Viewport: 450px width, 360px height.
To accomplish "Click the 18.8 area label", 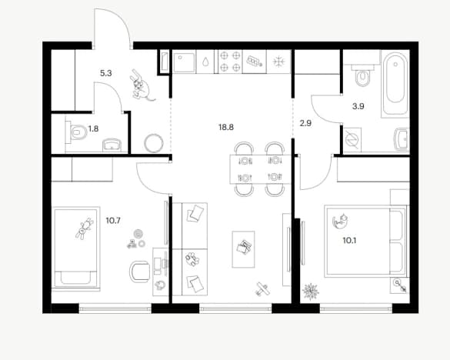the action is [226, 127].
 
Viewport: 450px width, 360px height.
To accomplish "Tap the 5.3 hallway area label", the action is [106, 73].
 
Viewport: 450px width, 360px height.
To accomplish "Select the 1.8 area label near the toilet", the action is [93, 128].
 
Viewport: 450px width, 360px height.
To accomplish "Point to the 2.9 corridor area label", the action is [305, 123].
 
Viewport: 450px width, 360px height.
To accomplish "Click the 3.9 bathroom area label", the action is [358, 106].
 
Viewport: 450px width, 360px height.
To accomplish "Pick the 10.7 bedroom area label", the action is [113, 221].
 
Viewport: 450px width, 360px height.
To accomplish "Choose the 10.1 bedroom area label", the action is [349, 241].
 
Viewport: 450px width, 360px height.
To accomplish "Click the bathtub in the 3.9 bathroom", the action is [395, 84].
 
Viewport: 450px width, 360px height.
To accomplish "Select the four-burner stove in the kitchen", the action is [230, 62].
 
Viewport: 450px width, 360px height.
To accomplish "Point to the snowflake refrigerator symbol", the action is [278, 62].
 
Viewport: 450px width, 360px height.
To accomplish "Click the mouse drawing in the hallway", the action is [141, 85].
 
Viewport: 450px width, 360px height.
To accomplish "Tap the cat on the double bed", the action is [340, 221].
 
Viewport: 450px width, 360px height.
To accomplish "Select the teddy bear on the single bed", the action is [85, 228].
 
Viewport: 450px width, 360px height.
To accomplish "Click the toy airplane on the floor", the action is [262, 288].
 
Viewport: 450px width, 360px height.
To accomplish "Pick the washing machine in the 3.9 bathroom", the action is [352, 140].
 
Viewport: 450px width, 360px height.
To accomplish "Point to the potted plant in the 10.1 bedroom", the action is [311, 292].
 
